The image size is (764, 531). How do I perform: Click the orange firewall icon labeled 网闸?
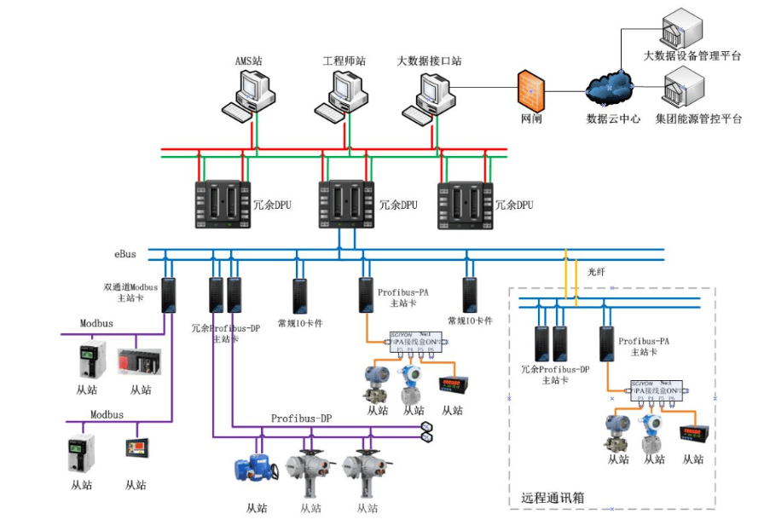coord(530,89)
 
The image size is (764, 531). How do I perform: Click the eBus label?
coord(125,254)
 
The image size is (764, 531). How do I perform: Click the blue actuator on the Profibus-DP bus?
coord(253,466)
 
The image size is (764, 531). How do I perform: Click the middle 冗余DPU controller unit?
coord(346,205)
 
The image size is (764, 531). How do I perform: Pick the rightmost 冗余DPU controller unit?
coord(466,205)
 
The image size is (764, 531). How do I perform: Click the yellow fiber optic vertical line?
coord(565,277)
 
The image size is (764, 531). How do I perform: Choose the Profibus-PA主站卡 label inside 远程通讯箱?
coord(644,345)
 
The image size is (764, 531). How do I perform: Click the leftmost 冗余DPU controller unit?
coord(221,205)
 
